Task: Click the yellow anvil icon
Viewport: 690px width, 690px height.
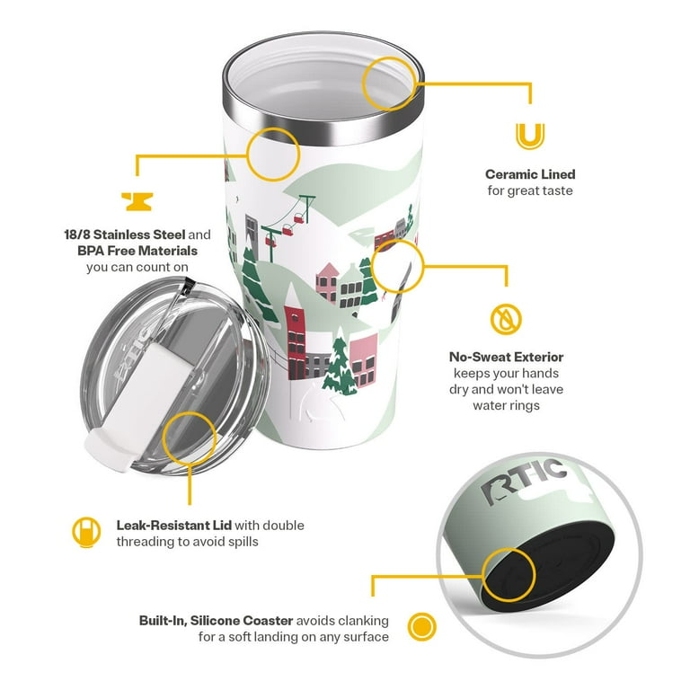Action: coord(137,201)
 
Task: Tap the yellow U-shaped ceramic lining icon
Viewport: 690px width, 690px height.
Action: coord(530,136)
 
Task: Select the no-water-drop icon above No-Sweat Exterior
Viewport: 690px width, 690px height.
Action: coord(506,319)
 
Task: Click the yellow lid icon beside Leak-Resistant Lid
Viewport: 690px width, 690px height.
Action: coord(86,532)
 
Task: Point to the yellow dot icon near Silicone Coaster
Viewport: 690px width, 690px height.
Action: coord(421,626)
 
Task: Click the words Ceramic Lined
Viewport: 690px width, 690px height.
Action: coord(530,174)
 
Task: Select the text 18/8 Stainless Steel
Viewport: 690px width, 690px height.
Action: coord(125,234)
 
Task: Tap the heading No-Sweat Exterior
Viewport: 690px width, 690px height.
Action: coord(506,357)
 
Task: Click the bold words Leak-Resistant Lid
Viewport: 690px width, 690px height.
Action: coord(173,525)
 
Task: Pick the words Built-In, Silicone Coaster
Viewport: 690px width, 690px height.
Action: coord(216,621)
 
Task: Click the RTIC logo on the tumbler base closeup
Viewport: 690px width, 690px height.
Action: coord(524,481)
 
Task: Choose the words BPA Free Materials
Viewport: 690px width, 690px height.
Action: coord(137,251)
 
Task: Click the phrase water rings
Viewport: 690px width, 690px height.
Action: coord(506,405)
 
